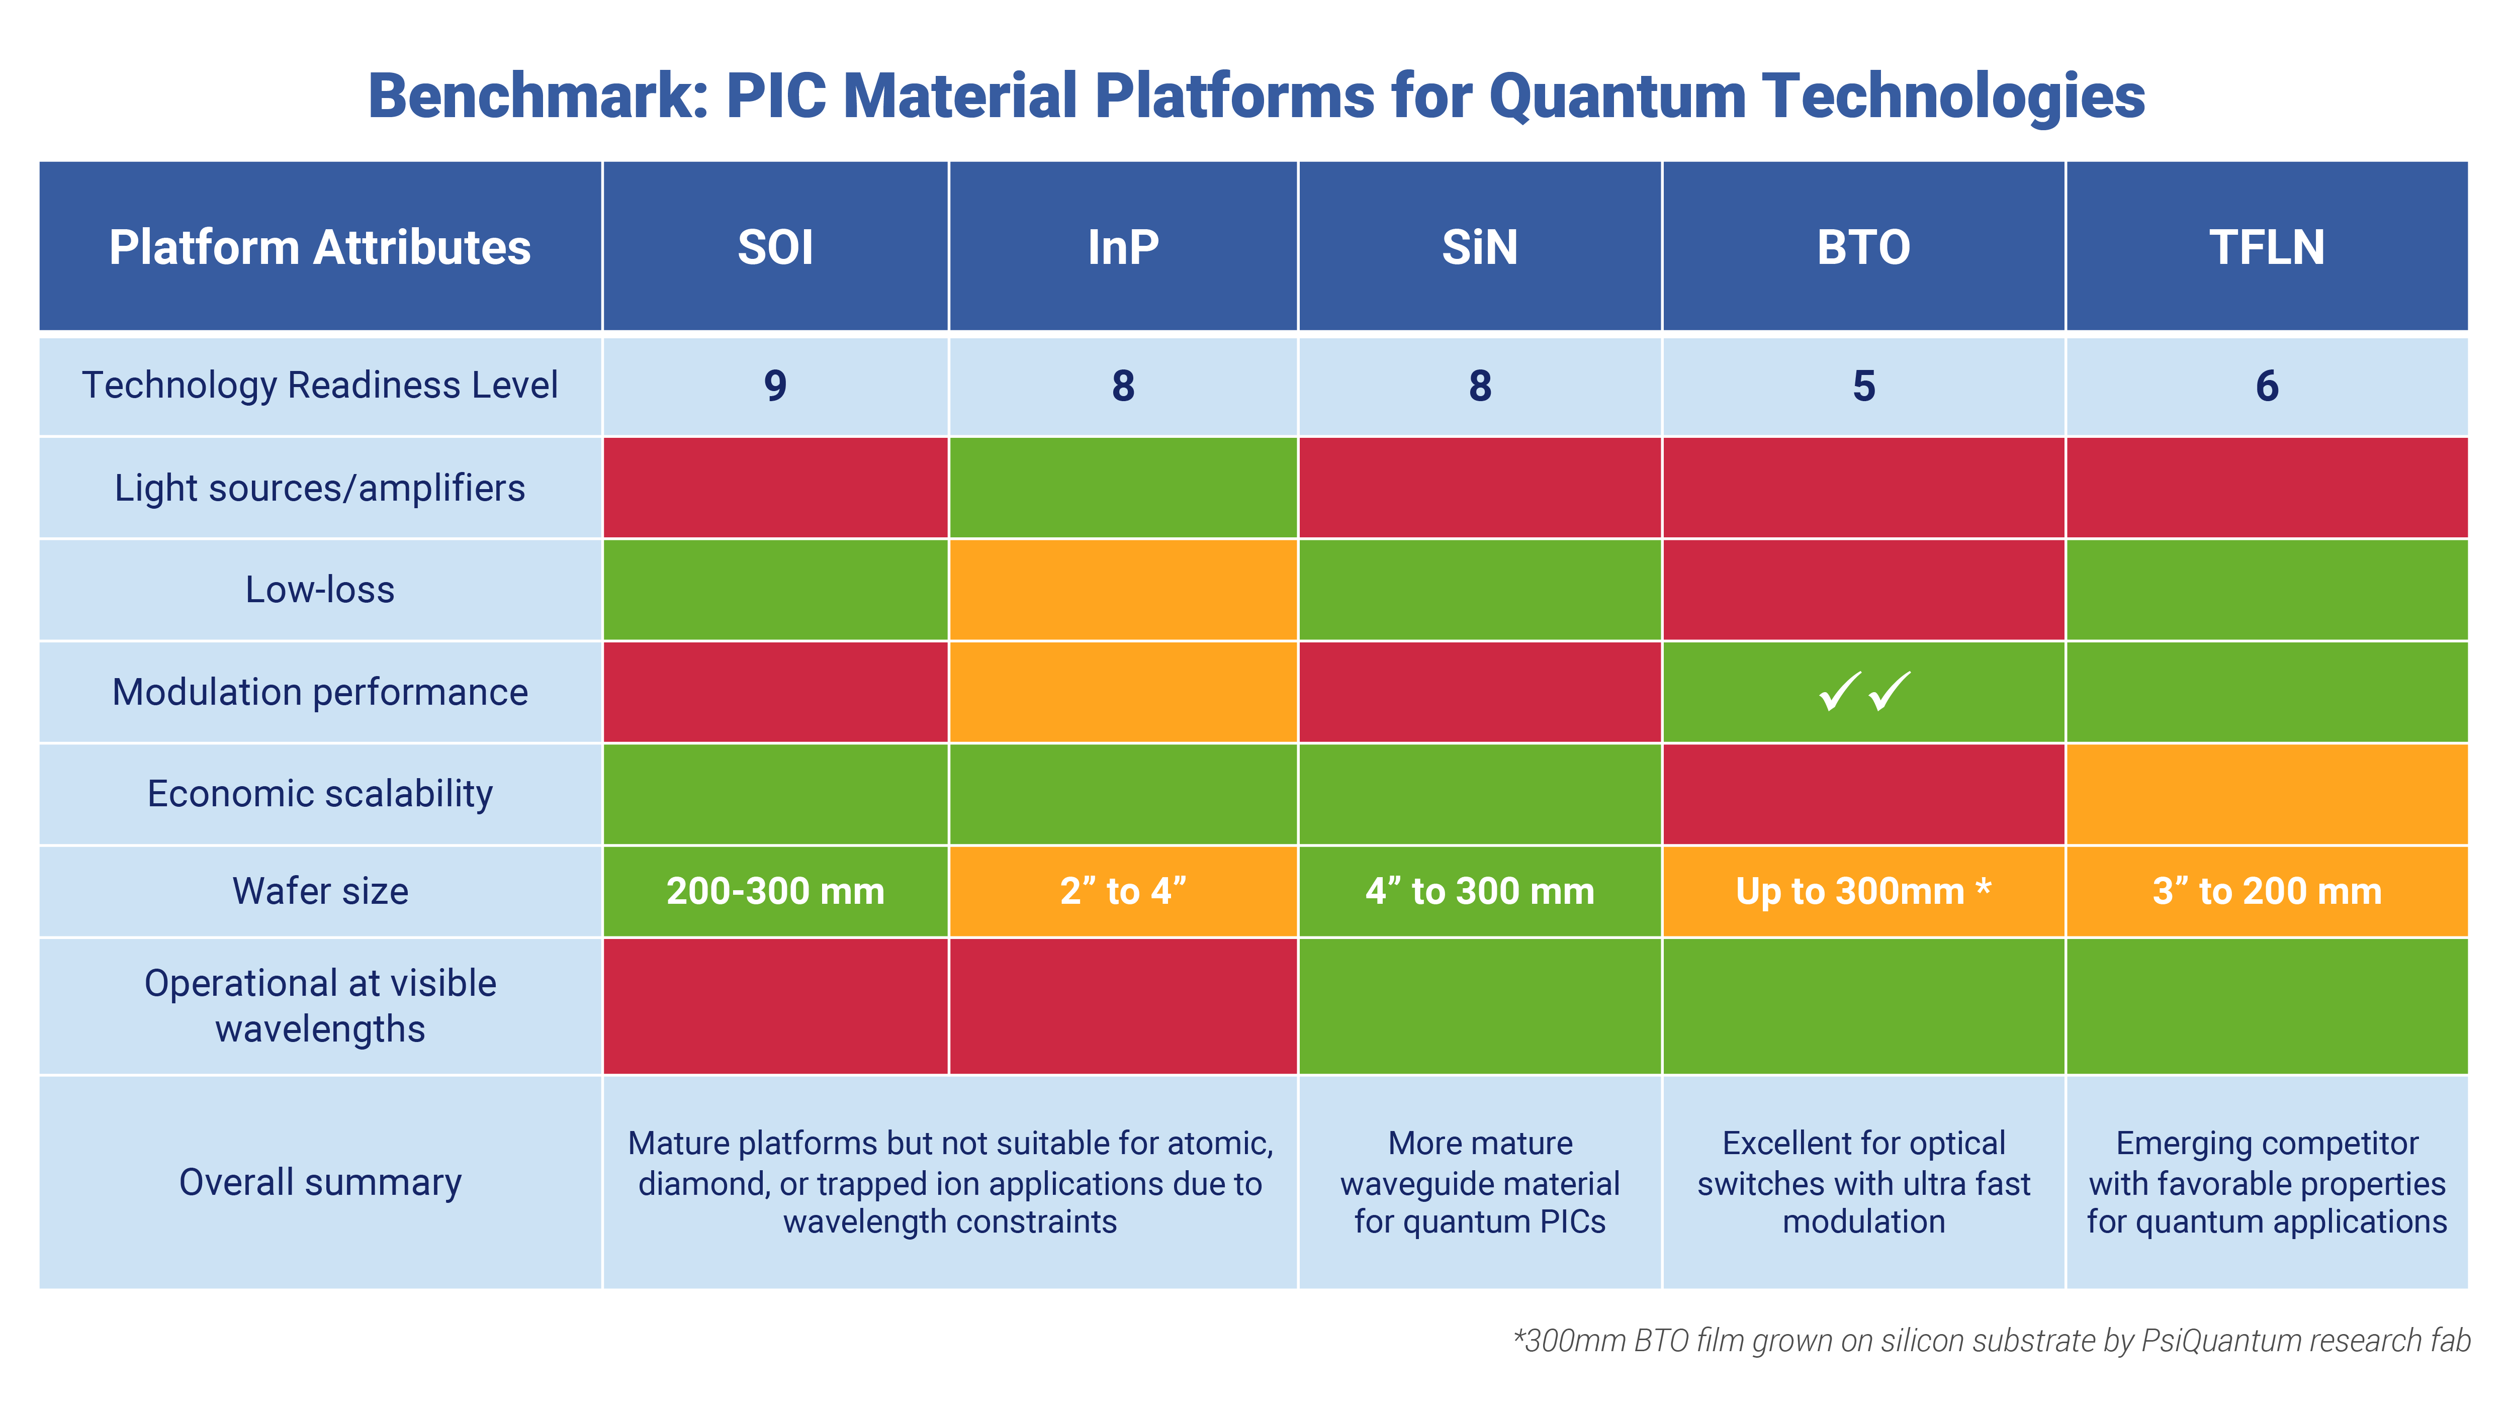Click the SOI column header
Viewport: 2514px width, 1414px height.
pos(775,247)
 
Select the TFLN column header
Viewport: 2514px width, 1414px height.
pos(2266,247)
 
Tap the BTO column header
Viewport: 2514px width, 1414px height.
pos(1863,247)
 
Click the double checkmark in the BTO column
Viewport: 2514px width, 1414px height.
pos(1863,692)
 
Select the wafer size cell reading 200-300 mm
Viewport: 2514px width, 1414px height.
pos(775,891)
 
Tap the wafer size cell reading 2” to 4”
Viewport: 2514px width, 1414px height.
pos(1122,891)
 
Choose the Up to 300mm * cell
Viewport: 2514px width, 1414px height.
pos(1863,891)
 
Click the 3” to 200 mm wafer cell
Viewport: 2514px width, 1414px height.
pos(2266,891)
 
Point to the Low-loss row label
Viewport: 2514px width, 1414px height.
pos(320,590)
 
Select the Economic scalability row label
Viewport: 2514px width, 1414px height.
pos(320,793)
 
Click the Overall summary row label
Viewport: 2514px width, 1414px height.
pos(320,1182)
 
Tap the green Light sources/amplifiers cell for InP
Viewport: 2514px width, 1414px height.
pos(1122,488)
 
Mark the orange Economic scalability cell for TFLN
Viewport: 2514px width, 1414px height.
pos(2266,793)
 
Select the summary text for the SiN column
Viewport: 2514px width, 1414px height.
pos(1480,1182)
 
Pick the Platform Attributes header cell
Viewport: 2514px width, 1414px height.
pos(320,247)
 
